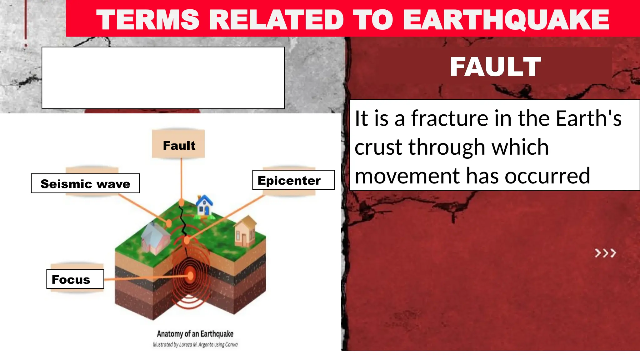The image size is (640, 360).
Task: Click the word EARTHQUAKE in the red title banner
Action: point(506,20)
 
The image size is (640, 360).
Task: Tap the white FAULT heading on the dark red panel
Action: point(495,67)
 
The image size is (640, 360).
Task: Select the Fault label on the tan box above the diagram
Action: point(179,145)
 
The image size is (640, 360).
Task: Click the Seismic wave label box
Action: point(85,183)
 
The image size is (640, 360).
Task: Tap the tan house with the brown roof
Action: point(246,232)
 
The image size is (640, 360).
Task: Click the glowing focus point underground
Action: point(190,276)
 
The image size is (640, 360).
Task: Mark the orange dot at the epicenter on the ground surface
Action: point(187,240)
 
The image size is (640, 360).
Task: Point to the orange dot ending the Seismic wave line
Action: point(169,223)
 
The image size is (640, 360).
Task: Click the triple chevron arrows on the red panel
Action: point(605,253)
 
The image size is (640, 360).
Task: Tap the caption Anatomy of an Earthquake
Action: point(195,334)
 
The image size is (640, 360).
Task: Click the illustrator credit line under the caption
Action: point(195,345)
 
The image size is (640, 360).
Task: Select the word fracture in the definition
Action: point(450,118)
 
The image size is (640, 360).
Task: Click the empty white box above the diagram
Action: point(163,78)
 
